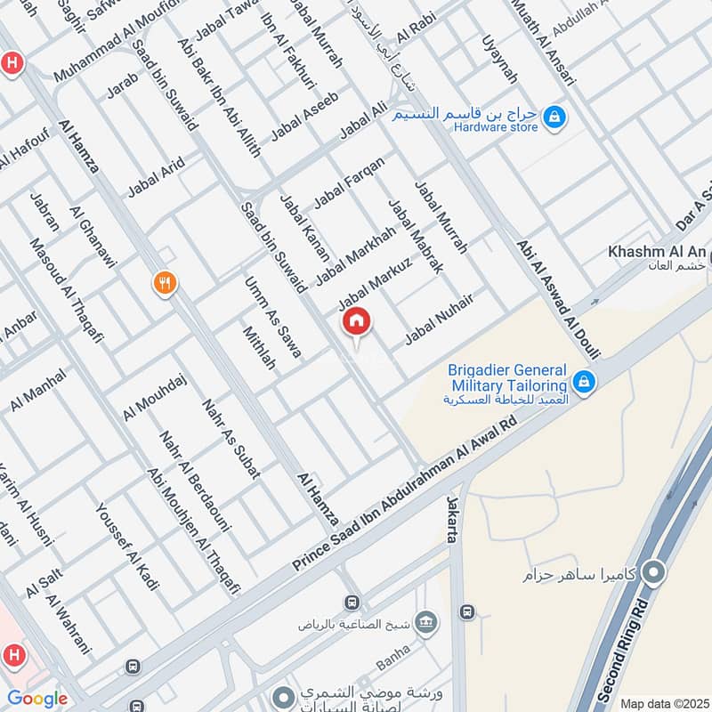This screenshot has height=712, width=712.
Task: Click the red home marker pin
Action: point(357,322)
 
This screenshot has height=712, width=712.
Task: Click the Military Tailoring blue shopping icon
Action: point(584,382)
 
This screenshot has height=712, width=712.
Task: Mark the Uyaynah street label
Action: point(498,61)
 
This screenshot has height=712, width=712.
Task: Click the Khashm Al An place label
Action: point(657,252)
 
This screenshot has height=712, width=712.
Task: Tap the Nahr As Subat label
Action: point(231,438)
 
